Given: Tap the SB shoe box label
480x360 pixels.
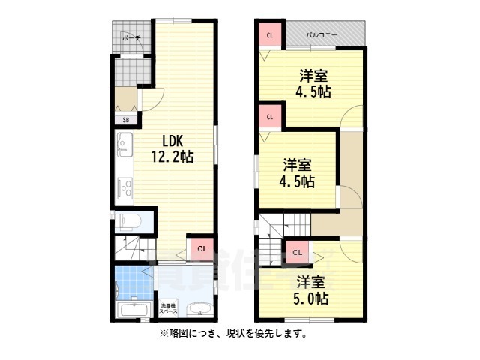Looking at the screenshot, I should click(124, 118).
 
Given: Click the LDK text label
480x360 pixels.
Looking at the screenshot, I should click(173, 141).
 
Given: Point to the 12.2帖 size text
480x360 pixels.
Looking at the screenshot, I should click(173, 157).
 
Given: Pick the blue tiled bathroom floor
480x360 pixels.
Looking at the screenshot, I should click(133, 284).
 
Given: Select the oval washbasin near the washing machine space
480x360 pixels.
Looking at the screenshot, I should click(198, 310).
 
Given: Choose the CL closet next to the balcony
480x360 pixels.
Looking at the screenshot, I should click(269, 34).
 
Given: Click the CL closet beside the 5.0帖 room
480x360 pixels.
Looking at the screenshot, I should click(298, 253).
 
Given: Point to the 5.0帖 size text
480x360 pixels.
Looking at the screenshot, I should click(311, 298).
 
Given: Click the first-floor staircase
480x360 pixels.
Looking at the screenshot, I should click(135, 247).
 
